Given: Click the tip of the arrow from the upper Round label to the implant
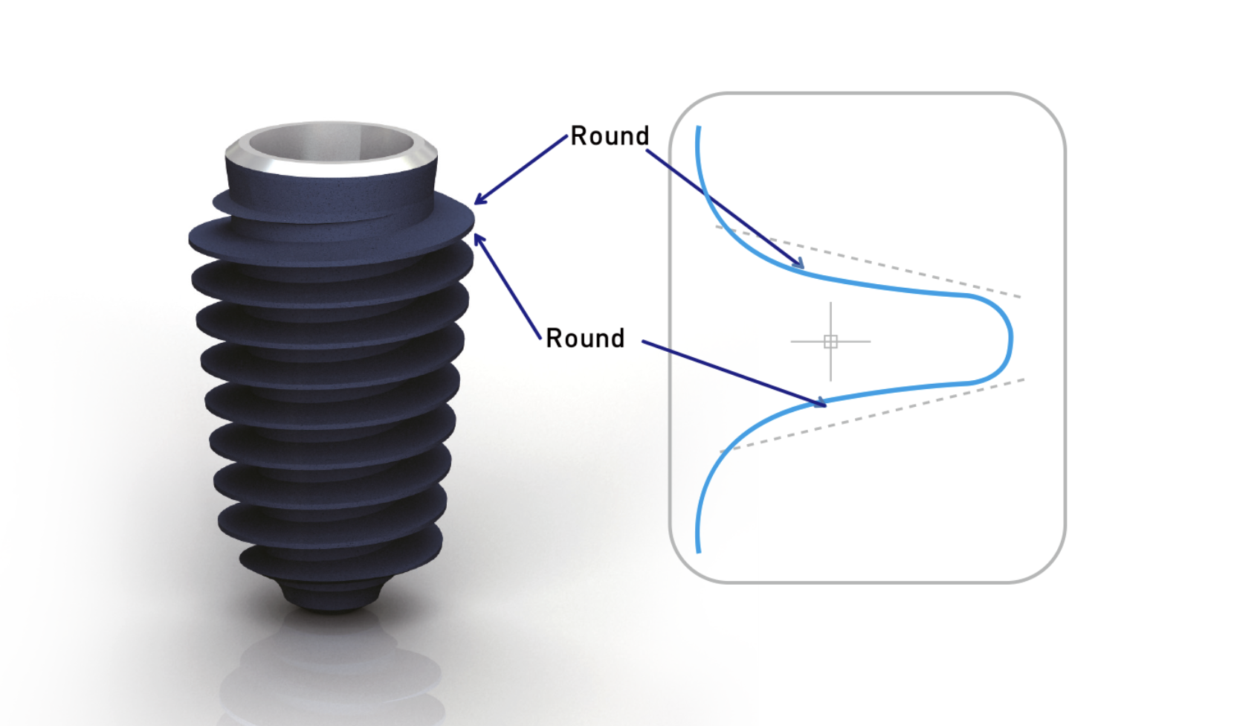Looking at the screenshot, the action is pyautogui.click(x=474, y=204).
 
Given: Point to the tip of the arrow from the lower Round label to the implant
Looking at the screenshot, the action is pyautogui.click(x=475, y=234).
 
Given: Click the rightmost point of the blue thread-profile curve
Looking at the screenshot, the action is pyautogui.click(x=1012, y=338).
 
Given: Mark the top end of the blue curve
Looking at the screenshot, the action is pyautogui.click(x=699, y=126).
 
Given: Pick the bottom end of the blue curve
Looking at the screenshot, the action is pyautogui.click(x=699, y=552).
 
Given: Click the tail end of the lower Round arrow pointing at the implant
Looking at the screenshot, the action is pyautogui.click(x=540, y=338).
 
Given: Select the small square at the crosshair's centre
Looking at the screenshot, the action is pyautogui.click(x=830, y=341).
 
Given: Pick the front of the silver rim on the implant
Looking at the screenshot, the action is pyautogui.click(x=332, y=169).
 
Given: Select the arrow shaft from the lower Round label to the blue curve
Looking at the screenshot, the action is pyautogui.click(x=734, y=374).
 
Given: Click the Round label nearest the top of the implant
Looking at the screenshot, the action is pyautogui.click(x=610, y=136).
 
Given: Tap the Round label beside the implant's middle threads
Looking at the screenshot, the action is pyautogui.click(x=585, y=338).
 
